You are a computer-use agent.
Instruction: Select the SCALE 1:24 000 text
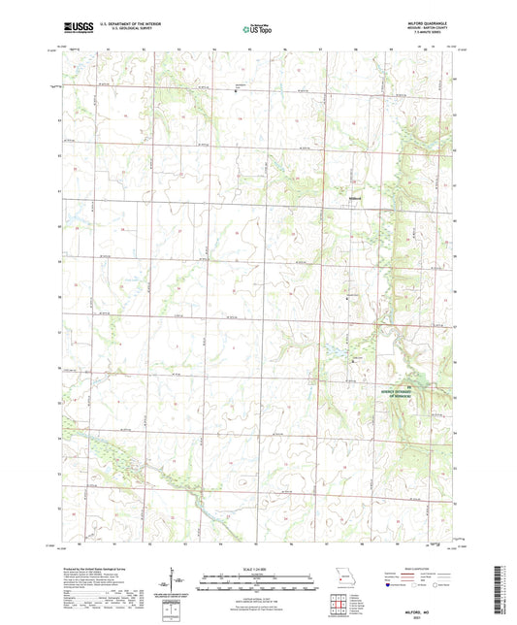pyautogui.click(x=258, y=569)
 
